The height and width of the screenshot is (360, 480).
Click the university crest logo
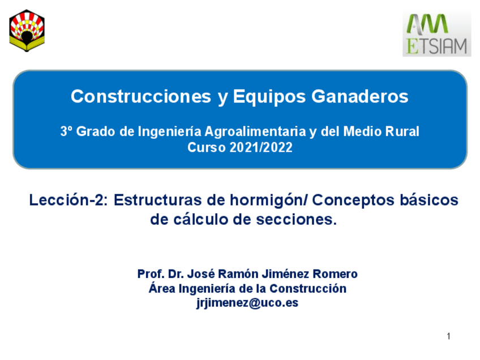click(x=27, y=31)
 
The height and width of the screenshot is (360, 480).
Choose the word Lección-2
click(x=67, y=201)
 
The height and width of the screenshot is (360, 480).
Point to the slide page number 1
click(x=448, y=337)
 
